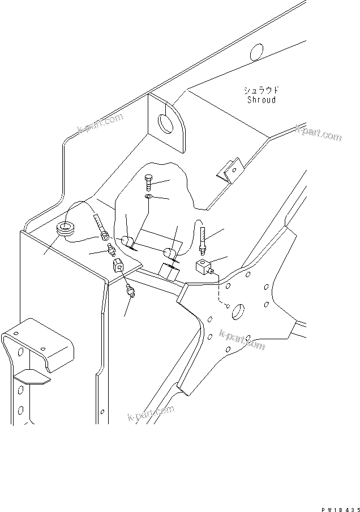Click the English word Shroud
tap(262, 100)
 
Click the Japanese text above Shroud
tap(262, 91)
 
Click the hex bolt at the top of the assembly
tap(148, 181)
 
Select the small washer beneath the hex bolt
tap(148, 196)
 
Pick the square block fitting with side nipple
tap(204, 266)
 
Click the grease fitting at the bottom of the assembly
tap(131, 292)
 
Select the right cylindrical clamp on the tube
tap(169, 253)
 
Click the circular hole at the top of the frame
tap(256, 52)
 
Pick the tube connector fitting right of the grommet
tap(105, 233)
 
